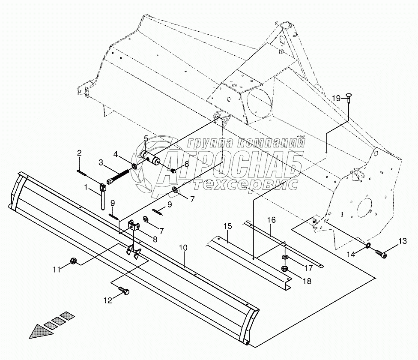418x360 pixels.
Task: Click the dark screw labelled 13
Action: tap(381, 255)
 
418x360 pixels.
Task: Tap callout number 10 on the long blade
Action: tap(183, 248)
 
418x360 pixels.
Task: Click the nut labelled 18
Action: tap(284, 269)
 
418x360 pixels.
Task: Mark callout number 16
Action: tap(271, 220)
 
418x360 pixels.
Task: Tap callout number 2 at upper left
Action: tap(79, 153)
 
